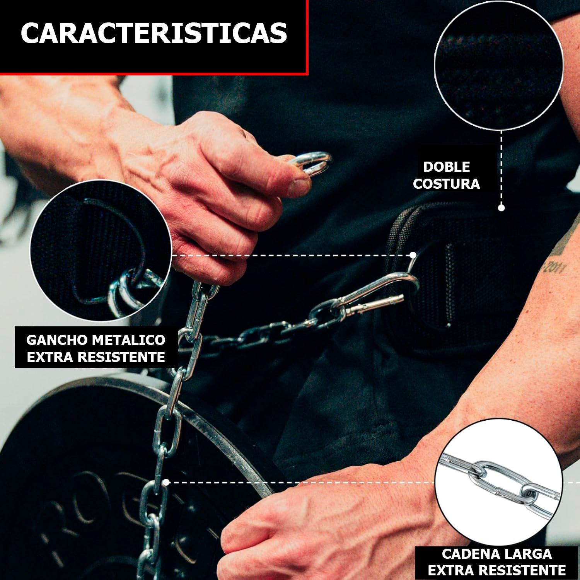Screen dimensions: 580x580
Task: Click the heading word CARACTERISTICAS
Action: coord(154,33)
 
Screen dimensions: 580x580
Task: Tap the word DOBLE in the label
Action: coord(446,167)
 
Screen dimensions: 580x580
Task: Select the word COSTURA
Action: coord(446,184)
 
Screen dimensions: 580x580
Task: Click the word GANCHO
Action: coord(56,340)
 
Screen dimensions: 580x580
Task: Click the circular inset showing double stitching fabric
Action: coord(498,65)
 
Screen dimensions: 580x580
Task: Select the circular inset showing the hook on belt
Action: coord(101,251)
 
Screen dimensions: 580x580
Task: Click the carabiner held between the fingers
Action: coord(312,162)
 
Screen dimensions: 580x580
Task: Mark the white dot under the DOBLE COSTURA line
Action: coord(501,208)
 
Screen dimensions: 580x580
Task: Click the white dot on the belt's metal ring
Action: coord(413,255)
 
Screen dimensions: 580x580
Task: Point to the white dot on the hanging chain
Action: coord(166,482)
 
